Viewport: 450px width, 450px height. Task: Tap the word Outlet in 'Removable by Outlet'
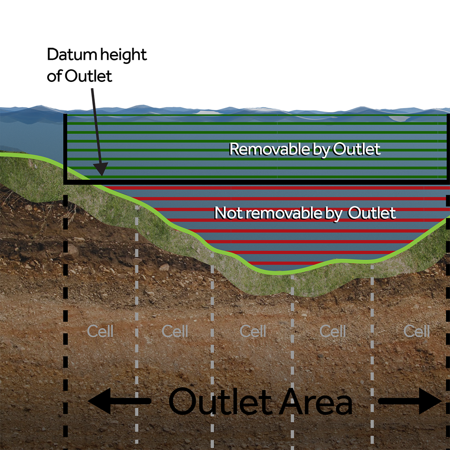tap(356, 149)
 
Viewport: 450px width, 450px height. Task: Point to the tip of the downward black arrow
tap(101, 175)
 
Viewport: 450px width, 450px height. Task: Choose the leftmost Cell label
tap(100, 332)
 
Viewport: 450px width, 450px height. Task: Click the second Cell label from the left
tap(175, 332)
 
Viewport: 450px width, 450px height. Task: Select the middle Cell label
tap(253, 332)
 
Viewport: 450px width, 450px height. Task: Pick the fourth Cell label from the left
tap(333, 332)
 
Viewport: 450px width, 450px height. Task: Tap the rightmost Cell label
tap(416, 332)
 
